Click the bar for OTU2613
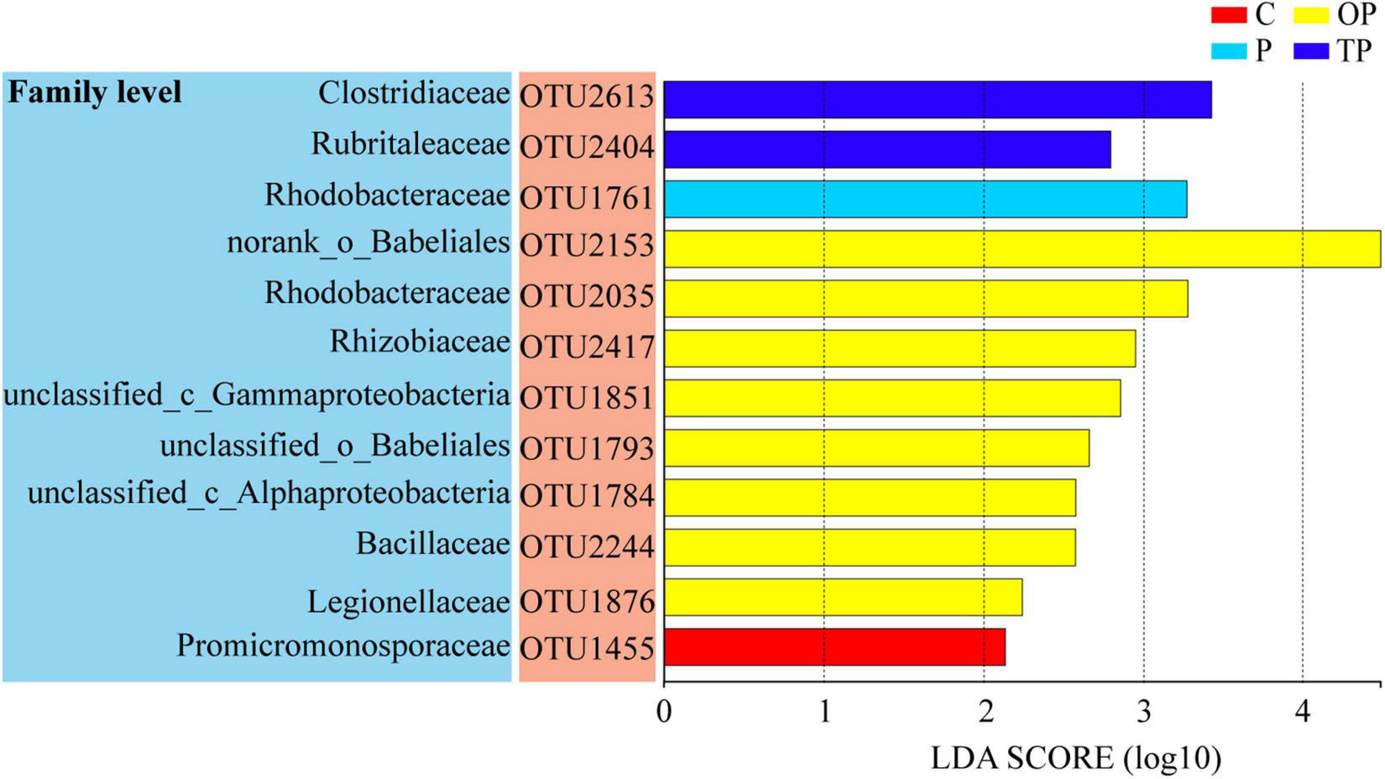[x=937, y=100]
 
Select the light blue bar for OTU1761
[x=925, y=199]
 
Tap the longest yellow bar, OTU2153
[x=1022, y=248]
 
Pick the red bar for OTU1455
[x=834, y=647]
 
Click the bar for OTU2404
[x=886, y=149]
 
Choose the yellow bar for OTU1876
[x=843, y=597]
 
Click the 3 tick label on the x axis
[x=1143, y=712]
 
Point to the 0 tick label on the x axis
[x=664, y=712]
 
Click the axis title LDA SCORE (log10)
[x=1075, y=758]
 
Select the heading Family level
[x=94, y=91]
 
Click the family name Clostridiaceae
[x=414, y=93]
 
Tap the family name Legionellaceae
[x=408, y=602]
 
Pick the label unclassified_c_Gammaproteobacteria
[x=257, y=395]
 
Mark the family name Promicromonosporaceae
[x=343, y=646]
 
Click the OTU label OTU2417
[x=587, y=346]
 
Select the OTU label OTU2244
[x=587, y=546]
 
